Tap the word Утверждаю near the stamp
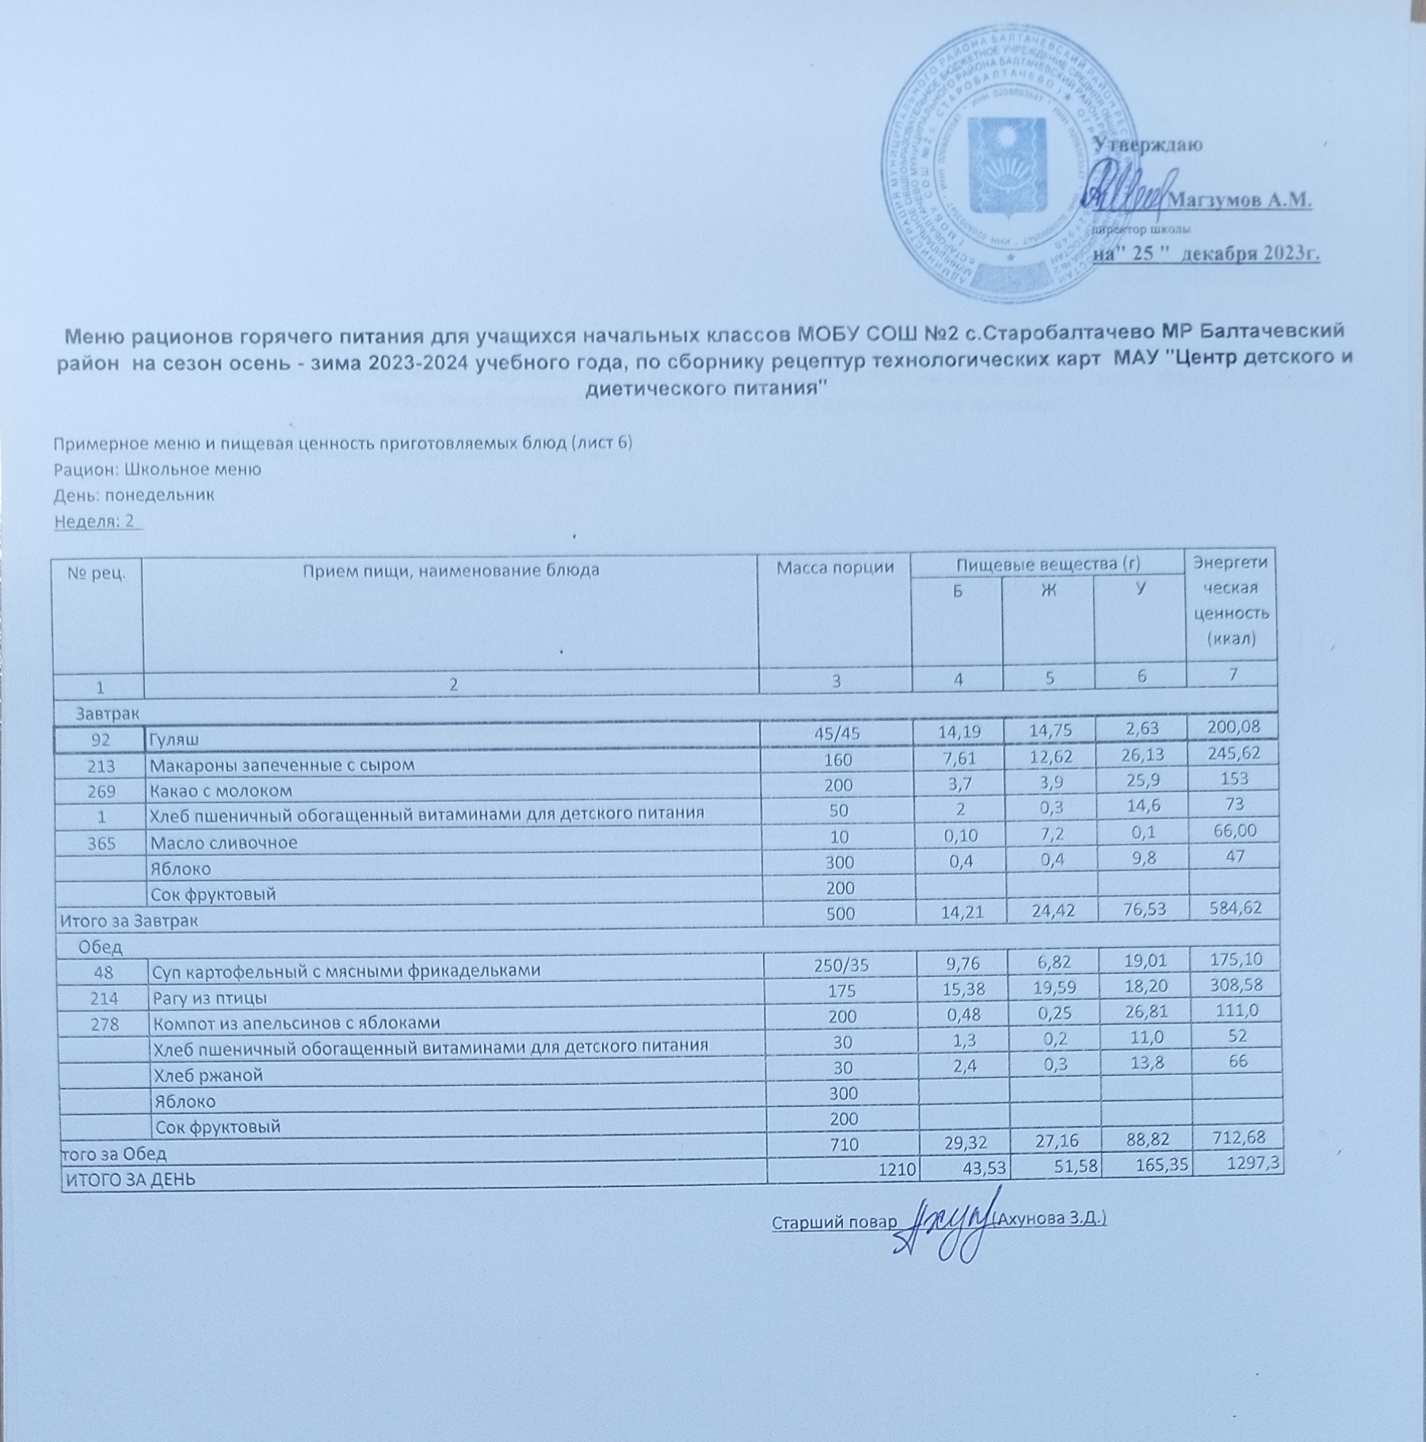(1148, 146)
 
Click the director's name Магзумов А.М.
(1240, 201)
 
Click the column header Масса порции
(834, 568)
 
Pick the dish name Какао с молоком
(221, 790)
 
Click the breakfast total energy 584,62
(1230, 907)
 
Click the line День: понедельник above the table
(134, 496)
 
